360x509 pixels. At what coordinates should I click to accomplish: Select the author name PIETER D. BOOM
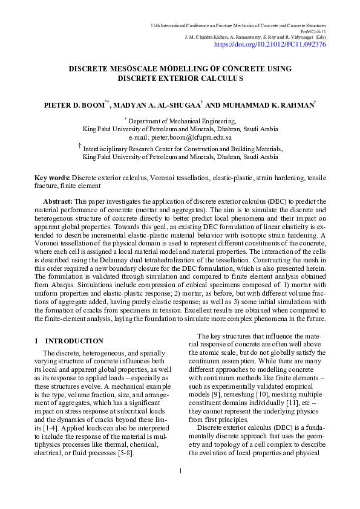point(73,105)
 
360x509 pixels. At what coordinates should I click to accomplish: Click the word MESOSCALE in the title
point(133,69)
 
